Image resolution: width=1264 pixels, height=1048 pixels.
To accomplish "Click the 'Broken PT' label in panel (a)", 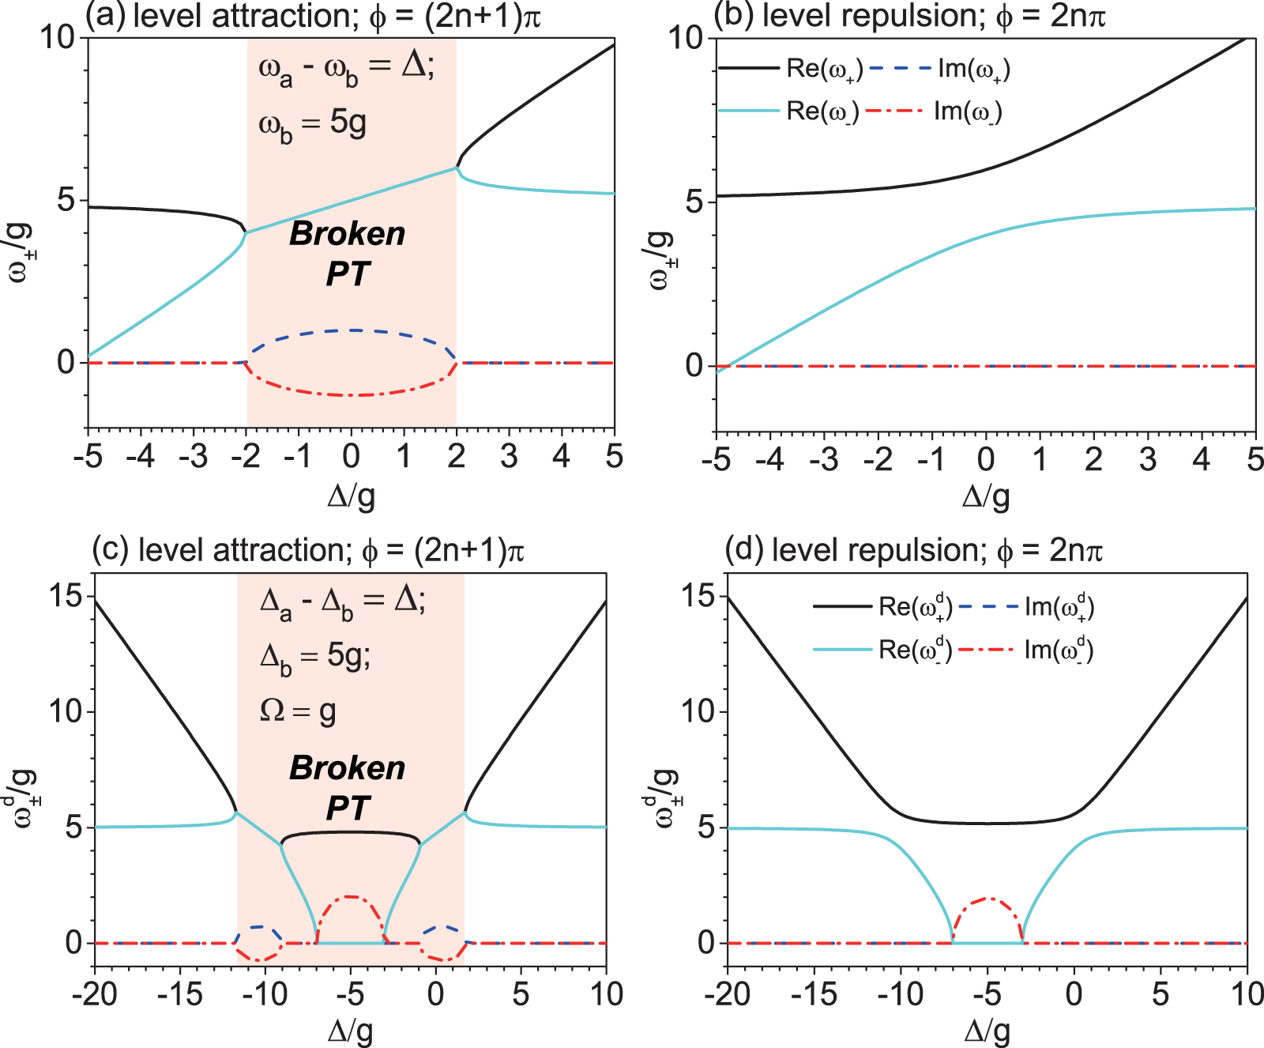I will point(348,254).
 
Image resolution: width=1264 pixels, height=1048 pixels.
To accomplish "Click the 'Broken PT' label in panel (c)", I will point(348,788).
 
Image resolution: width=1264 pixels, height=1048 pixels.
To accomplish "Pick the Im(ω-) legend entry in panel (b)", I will point(967,111).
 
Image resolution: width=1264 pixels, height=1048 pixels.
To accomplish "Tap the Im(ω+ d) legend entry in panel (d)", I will point(1059,607).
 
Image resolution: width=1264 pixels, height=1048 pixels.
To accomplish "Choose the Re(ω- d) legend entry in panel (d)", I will point(915,650).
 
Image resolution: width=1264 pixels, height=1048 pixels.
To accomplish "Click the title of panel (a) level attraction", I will point(313,16).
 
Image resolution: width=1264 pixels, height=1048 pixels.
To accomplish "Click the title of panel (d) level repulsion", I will point(913,550).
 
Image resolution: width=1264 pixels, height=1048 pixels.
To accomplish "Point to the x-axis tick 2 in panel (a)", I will point(457,456).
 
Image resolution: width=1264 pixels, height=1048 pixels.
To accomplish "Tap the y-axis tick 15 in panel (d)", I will point(698,596).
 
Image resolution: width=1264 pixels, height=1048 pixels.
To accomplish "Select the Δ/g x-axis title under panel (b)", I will point(985,496).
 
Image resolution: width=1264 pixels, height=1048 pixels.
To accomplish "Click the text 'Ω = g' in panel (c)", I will point(298,711).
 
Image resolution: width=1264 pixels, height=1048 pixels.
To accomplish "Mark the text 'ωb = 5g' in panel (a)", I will point(312,125).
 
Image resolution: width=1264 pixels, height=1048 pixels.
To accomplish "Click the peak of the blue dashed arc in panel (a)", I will point(352,330).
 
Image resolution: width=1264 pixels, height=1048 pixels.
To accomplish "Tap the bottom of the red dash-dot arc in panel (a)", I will point(352,395).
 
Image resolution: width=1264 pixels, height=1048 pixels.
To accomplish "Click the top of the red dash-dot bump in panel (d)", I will point(987,899).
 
